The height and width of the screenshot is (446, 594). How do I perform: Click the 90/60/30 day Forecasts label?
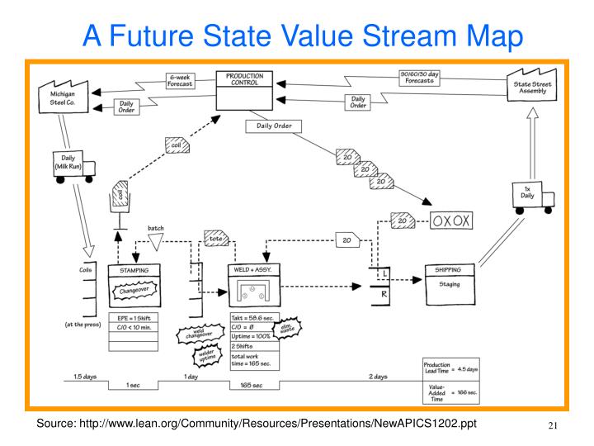pyautogui.click(x=419, y=78)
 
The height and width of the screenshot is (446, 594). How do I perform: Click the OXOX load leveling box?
pyautogui.click(x=450, y=221)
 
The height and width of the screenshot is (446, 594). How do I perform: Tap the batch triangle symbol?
pyautogui.click(x=155, y=241)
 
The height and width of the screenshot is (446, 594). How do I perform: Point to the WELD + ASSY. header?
pyautogui.click(x=254, y=270)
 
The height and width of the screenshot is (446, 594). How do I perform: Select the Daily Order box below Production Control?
pyautogui.click(x=274, y=126)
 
